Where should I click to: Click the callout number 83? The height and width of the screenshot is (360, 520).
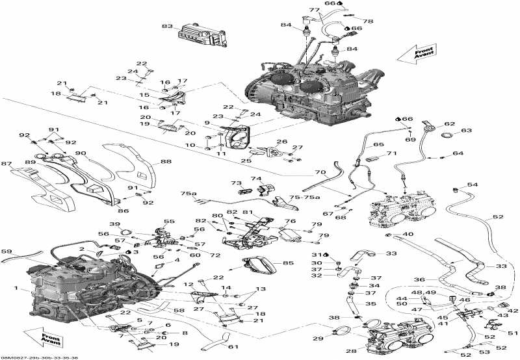click(168, 27)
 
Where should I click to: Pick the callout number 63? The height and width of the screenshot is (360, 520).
click(467, 131)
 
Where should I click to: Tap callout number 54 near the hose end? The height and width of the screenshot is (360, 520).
click(472, 185)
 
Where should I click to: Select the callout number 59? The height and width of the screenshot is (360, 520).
click(6, 251)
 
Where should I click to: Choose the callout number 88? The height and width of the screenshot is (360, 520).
click(166, 162)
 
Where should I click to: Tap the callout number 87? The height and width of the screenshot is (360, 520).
click(6, 164)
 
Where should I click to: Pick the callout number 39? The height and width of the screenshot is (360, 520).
click(114, 224)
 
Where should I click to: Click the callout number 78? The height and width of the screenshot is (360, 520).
click(369, 21)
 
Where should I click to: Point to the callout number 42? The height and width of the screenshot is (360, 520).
click(513, 311)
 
